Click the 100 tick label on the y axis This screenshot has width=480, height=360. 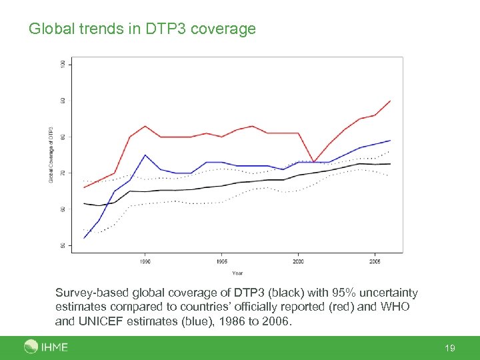63,64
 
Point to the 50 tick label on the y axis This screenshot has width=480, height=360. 63,245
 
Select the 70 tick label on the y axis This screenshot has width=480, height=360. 63,173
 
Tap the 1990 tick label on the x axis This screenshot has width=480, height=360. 145,262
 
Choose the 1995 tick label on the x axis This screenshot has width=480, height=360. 222,262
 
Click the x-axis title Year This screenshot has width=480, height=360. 237,273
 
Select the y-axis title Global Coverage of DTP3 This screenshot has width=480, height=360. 51,155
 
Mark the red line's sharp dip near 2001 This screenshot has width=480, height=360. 314,162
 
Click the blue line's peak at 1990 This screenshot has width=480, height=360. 145,155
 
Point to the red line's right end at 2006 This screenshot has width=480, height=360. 390,101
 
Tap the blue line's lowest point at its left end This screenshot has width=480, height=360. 85,238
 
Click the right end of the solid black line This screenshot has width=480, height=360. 390,163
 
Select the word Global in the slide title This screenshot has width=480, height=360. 51,29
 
